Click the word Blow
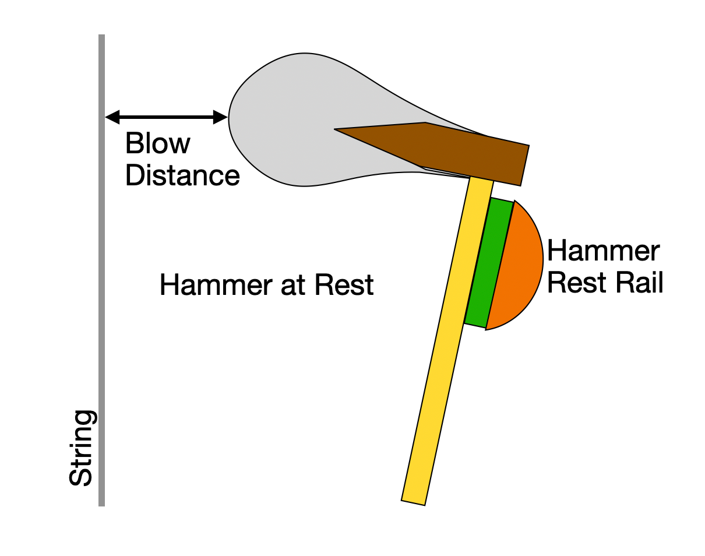[157, 143]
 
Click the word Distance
[182, 175]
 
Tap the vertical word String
[83, 448]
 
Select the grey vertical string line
[101, 270]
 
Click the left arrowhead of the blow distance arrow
[111, 117]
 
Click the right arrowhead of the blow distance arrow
[220, 117]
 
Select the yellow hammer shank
[447, 341]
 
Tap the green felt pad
[489, 262]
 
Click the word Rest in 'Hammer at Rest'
[344, 284]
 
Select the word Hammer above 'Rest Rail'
[603, 251]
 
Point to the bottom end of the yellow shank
[413, 503]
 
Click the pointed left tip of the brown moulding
[335, 129]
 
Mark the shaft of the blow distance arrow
[167, 117]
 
